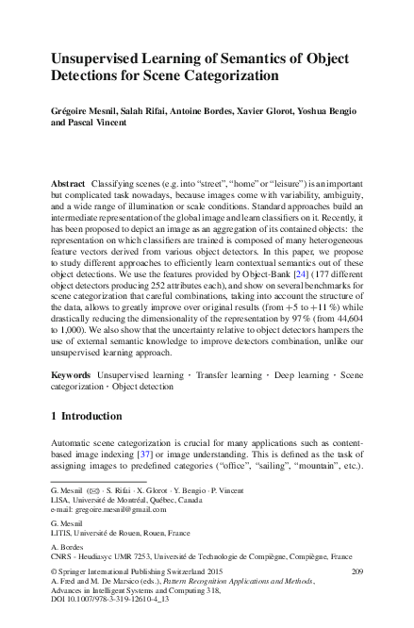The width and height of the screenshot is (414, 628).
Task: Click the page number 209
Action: [356, 596]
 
